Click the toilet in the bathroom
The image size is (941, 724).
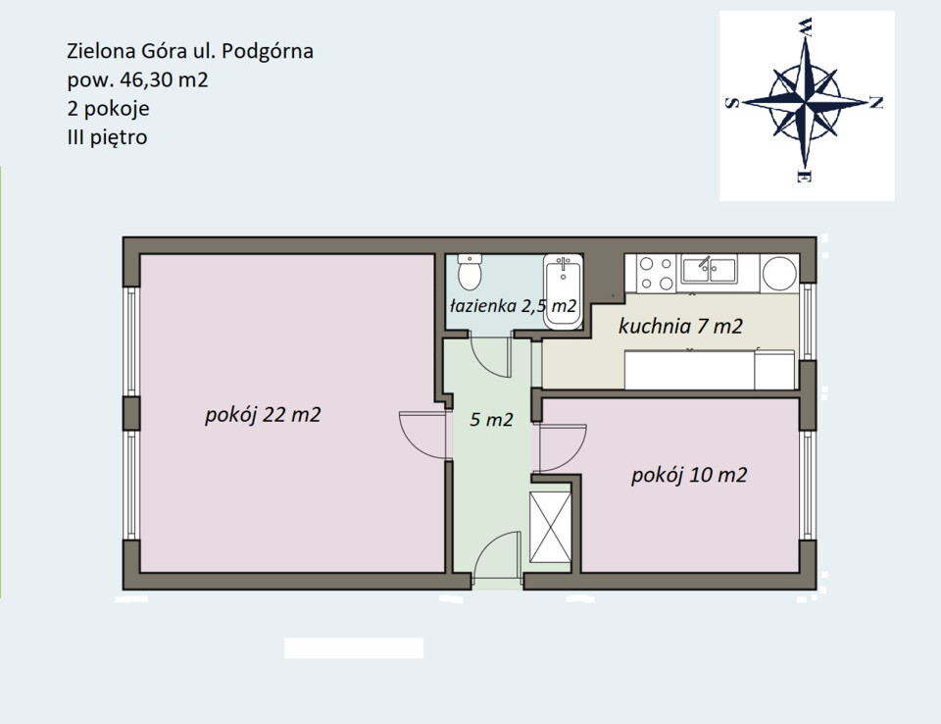[470, 272]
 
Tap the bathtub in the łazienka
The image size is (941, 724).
[563, 291]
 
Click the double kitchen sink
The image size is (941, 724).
[710, 269]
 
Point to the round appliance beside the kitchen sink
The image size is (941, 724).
[779, 273]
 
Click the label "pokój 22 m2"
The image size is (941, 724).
[263, 415]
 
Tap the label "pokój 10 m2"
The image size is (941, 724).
[689, 475]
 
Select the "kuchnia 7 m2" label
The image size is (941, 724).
[680, 327]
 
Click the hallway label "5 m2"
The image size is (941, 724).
[491, 419]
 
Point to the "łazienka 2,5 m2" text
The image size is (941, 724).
[513, 306]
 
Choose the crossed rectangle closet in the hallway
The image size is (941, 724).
[550, 528]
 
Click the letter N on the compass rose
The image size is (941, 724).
[876, 103]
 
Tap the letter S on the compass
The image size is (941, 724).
[731, 103]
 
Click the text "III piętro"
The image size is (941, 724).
[108, 137]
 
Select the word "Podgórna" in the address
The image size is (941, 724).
[268, 51]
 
